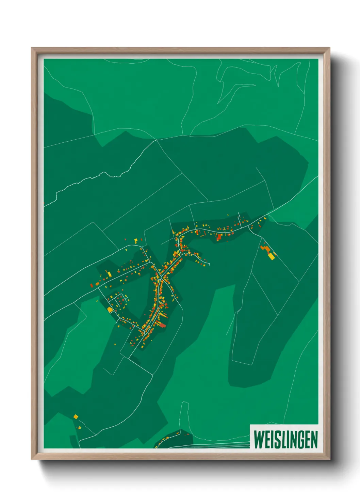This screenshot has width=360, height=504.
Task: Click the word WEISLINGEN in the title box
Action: [285, 439]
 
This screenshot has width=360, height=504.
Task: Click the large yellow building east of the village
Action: [271, 256]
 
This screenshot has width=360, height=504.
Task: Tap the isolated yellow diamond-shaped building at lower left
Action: [76, 416]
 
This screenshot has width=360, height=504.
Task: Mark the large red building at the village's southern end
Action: [163, 326]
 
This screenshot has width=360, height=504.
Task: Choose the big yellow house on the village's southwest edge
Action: [110, 310]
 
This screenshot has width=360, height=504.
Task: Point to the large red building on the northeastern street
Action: [219, 237]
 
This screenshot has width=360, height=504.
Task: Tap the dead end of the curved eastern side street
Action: [209, 264]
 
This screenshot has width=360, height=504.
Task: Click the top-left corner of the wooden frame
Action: [32, 48]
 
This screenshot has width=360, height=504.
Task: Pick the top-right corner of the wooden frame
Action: [329, 48]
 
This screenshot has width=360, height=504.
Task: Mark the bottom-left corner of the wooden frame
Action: [32, 459]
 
